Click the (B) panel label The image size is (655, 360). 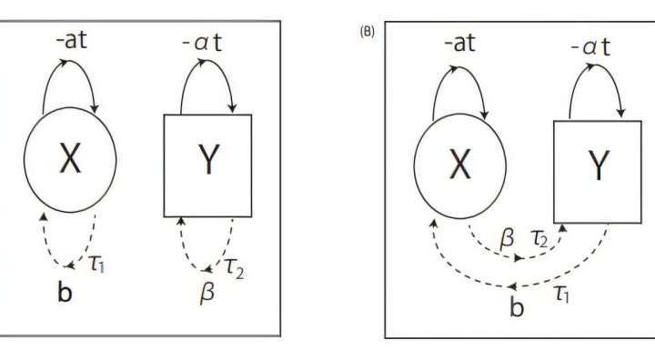pyautogui.click(x=368, y=30)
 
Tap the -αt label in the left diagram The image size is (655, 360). pyautogui.click(x=206, y=41)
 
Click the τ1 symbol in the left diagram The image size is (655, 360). pyautogui.click(x=97, y=263)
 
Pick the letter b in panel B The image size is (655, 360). pyautogui.click(x=517, y=306)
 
